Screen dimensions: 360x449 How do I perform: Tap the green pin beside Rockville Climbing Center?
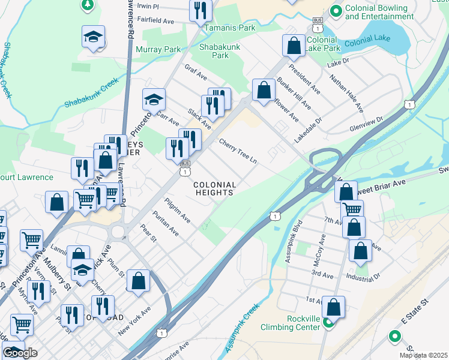click(328, 323)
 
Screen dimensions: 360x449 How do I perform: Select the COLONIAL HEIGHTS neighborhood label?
click(214, 188)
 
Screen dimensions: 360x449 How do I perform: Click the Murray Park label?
click(158, 49)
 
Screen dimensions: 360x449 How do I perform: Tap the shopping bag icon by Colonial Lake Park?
click(294, 44)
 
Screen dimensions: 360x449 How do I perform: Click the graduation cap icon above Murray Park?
click(93, 37)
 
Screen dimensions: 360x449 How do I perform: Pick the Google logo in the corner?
click(20, 353)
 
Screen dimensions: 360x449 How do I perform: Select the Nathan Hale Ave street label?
click(348, 93)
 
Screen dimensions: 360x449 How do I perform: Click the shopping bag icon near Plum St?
click(138, 281)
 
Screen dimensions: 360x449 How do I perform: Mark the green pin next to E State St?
click(394, 337)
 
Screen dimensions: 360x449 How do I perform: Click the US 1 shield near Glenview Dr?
click(409, 104)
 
